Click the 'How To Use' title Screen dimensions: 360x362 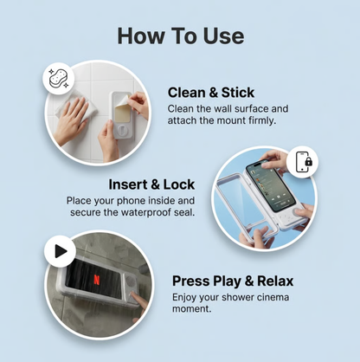tap(181, 36)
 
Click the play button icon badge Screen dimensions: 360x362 tap(60, 251)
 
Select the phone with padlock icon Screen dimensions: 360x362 tap(303, 162)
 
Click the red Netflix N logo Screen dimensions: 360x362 tap(97, 280)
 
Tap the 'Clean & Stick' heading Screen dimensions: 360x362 tap(211, 93)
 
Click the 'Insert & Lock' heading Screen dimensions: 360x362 tap(151, 184)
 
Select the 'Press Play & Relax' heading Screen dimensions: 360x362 tap(233, 281)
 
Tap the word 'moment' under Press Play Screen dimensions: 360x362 tap(190, 309)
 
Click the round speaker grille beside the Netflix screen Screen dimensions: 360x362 tap(130, 281)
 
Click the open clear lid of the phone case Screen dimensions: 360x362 tap(240, 208)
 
